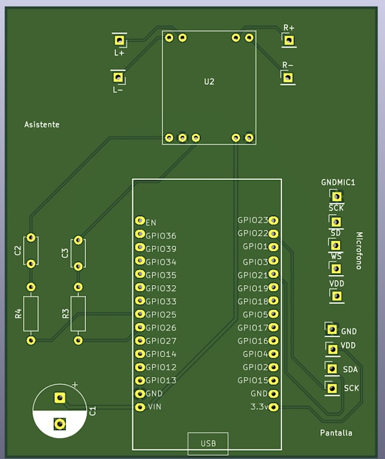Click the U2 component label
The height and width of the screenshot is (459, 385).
click(209, 81)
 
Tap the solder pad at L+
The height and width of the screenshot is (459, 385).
click(119, 40)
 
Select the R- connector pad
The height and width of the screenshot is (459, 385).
click(288, 78)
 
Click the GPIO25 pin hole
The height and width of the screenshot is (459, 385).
click(140, 314)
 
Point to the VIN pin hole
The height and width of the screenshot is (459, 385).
click(140, 407)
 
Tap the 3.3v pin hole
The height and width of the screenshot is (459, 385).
click(273, 407)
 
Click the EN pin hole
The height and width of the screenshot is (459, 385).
click(140, 220)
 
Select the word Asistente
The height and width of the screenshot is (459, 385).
click(42, 125)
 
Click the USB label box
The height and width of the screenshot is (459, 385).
click(208, 444)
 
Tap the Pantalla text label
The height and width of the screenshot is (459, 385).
click(336, 433)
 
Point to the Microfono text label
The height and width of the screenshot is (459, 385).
click(359, 251)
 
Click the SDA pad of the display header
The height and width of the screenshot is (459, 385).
click(332, 368)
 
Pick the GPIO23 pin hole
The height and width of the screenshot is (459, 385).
click(273, 220)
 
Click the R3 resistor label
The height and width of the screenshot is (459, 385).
click(66, 314)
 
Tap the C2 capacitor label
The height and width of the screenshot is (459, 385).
click(18, 251)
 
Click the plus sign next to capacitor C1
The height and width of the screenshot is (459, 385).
click(75, 385)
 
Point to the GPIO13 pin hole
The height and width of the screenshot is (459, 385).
click(140, 380)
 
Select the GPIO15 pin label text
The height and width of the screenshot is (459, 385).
click(253, 380)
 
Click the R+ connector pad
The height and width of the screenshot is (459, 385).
click(289, 40)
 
